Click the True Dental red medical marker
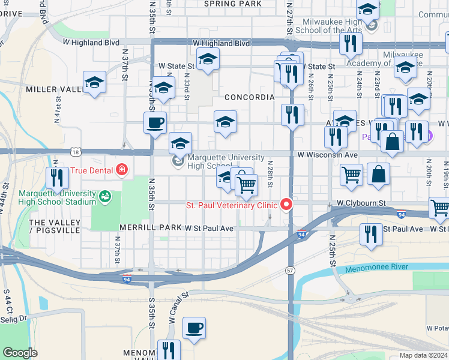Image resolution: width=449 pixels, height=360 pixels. [x=122, y=170]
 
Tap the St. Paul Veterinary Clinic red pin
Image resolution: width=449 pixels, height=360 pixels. [x=286, y=205]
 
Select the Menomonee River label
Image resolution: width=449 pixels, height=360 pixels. [x=376, y=267]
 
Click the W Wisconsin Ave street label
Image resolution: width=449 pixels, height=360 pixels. [x=327, y=155]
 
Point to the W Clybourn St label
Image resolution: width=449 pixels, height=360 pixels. [x=360, y=203]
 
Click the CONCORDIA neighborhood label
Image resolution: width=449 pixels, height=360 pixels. [x=249, y=97]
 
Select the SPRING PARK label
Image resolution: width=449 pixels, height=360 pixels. [x=232, y=4]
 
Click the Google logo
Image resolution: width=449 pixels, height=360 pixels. [x=20, y=353]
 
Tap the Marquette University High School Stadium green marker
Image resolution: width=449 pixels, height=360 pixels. [x=106, y=196]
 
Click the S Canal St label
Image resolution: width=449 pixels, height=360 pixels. [x=179, y=307]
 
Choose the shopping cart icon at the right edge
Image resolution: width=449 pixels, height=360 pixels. [x=440, y=207]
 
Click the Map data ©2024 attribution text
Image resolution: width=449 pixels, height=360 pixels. [x=423, y=355]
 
